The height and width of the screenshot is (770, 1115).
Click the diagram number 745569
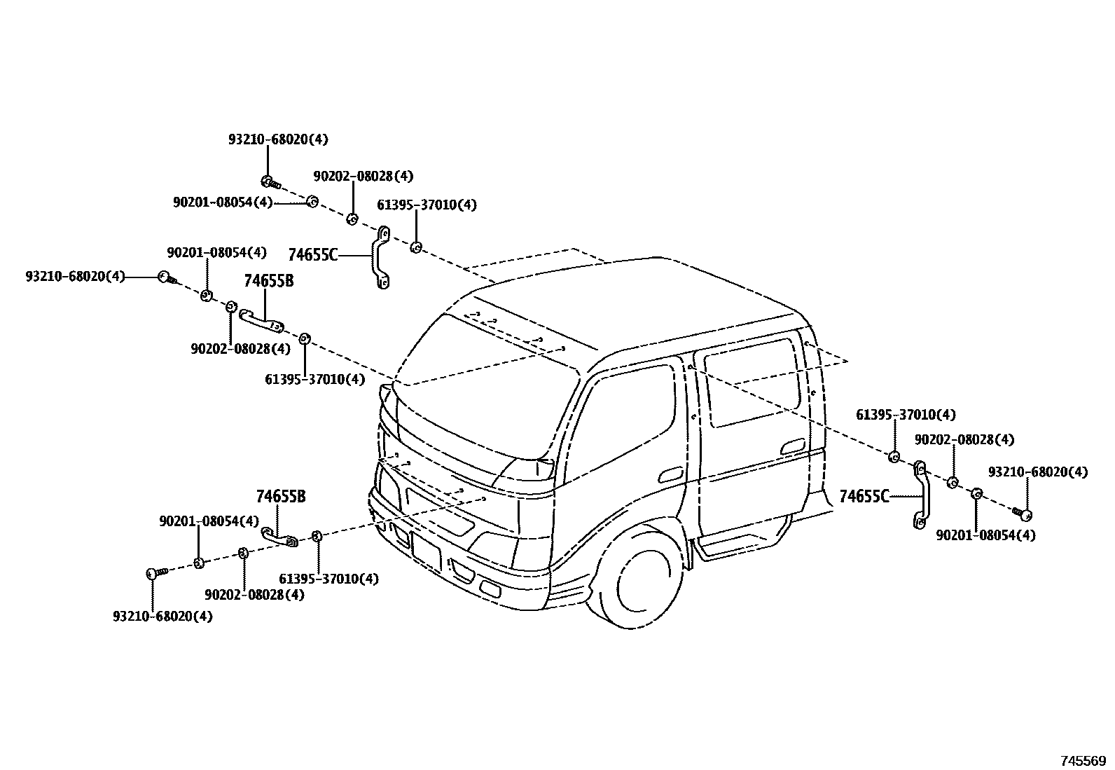1082,761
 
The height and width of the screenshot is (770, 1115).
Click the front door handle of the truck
670,474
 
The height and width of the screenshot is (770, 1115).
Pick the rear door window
753,383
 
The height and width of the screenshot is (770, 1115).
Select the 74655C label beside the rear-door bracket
864,497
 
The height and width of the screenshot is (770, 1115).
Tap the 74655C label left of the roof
312,255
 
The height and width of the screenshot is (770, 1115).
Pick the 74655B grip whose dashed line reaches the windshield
261,320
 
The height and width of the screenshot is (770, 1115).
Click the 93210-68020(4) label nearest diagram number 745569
1038,472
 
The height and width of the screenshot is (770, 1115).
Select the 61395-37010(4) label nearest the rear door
906,415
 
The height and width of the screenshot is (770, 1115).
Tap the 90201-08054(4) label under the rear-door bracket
985,535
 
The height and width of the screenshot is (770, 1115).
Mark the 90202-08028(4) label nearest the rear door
964,440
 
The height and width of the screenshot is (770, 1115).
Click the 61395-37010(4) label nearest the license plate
328,579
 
